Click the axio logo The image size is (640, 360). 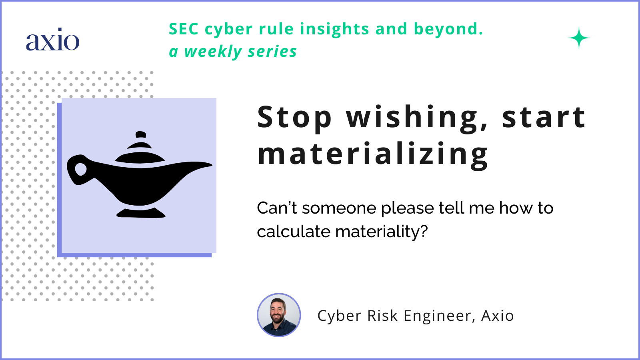click(52, 40)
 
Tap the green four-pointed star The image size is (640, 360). click(579, 38)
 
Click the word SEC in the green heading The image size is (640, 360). click(183, 29)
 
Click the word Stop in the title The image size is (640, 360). click(294, 117)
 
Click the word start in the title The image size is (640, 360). click(544, 117)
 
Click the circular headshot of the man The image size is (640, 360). click(278, 315)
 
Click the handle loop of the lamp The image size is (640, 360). click(80, 169)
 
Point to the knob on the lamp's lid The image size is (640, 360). click(140, 134)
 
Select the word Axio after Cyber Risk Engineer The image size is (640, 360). click(497, 316)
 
